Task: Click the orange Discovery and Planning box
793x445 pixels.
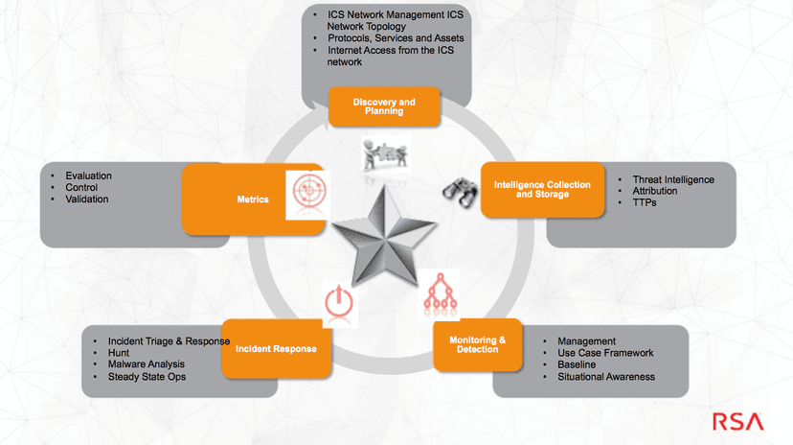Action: point(384,106)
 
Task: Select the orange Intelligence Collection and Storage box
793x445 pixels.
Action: point(542,190)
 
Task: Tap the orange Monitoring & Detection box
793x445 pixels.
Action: point(477,344)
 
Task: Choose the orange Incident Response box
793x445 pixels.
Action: point(276,349)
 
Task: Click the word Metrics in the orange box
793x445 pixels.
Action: point(253,199)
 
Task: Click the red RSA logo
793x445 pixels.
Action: point(737,422)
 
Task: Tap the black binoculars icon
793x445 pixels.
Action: point(461,193)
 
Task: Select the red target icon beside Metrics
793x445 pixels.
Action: point(308,192)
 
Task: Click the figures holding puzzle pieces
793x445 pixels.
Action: point(385,155)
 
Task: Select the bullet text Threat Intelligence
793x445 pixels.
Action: point(673,179)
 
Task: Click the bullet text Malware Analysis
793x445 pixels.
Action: point(147,364)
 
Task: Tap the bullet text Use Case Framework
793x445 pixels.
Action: point(605,353)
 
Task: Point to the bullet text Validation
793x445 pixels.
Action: point(86,199)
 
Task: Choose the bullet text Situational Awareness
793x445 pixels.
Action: point(606,377)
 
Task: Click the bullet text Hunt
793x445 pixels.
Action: point(119,353)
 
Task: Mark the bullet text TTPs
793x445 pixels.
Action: point(645,202)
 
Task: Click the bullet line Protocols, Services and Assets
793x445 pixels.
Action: point(396,38)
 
